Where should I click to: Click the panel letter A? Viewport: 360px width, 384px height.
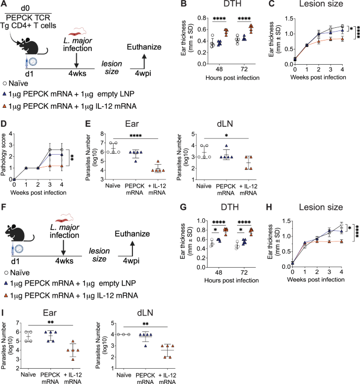[x=5, y=5]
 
